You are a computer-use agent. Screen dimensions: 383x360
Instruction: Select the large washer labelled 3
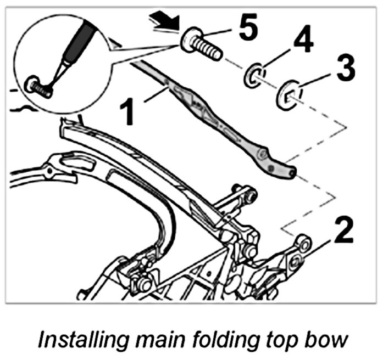[288, 93]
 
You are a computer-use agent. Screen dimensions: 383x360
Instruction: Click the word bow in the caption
[328, 339]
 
